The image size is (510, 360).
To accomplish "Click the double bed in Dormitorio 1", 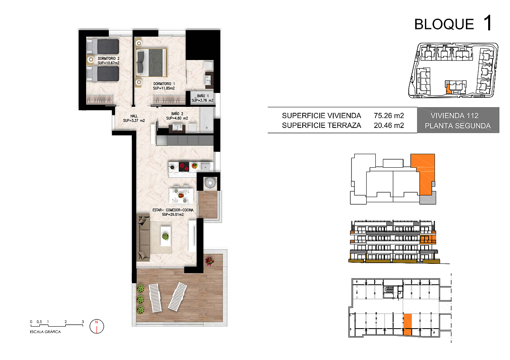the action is tap(151, 63).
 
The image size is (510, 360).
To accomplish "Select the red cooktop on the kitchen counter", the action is tap(184, 166).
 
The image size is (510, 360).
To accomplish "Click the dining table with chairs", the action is tap(181, 195).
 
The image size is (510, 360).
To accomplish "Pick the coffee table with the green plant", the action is tap(166, 236).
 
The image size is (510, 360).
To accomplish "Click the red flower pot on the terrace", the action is tap(209, 261).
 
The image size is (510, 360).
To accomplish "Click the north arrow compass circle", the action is tap(97, 326).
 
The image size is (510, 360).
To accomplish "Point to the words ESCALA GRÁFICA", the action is tap(45, 332).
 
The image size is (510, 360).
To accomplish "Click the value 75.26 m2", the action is tap(389, 116).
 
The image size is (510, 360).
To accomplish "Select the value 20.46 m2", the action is tap(389, 126).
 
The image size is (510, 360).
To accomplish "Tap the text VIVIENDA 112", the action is tap(454, 116).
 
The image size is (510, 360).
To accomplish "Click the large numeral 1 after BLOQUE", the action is tap(488, 23).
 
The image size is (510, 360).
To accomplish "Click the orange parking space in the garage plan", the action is tap(407, 325).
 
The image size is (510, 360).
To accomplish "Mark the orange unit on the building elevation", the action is tap(428, 240).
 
